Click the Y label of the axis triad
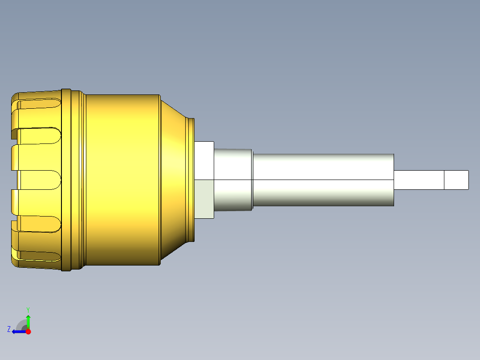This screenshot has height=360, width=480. [x=28, y=309]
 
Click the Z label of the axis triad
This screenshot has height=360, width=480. [x=9, y=329]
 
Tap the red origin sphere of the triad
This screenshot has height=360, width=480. [x=28, y=331]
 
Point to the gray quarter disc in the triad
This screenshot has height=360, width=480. [x=22, y=325]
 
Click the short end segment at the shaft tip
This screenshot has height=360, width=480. [x=456, y=180]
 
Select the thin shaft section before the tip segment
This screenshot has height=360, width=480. [x=419, y=180]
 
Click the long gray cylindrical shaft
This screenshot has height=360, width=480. [x=323, y=180]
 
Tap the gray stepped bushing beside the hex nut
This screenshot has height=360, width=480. [x=233, y=180]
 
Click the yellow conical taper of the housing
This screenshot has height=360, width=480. [x=174, y=180]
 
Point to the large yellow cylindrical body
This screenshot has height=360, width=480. [x=122, y=180]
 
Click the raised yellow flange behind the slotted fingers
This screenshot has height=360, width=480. [x=66, y=180]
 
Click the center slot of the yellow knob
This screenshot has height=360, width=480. [x=37, y=180]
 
